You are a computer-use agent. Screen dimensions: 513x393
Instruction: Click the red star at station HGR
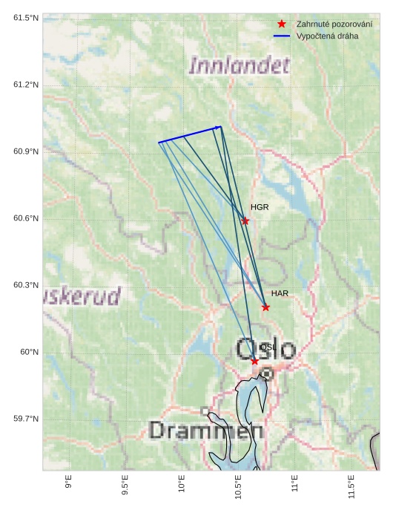point(245,220)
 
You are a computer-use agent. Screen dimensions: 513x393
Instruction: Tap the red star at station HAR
point(265,307)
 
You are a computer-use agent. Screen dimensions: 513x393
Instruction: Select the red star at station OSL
point(254,361)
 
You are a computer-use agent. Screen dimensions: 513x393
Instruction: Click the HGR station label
point(260,207)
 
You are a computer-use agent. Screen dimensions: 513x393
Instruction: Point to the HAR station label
point(280,293)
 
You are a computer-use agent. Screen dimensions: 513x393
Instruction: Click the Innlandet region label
point(239,65)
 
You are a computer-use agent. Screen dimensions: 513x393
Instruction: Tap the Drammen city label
point(206,431)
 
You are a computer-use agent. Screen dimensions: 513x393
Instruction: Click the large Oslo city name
point(265,349)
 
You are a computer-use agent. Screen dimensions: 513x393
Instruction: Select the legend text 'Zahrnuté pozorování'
point(334,24)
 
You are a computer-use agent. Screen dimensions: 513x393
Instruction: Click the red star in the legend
point(282,24)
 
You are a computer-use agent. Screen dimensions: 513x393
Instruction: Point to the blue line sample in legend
point(282,36)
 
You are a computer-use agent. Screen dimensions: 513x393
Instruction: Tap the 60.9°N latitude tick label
point(26,151)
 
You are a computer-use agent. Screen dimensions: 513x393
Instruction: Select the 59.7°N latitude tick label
point(26,419)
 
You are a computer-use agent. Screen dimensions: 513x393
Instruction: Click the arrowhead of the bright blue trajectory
point(219,127)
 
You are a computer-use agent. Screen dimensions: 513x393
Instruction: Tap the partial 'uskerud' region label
point(82,297)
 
